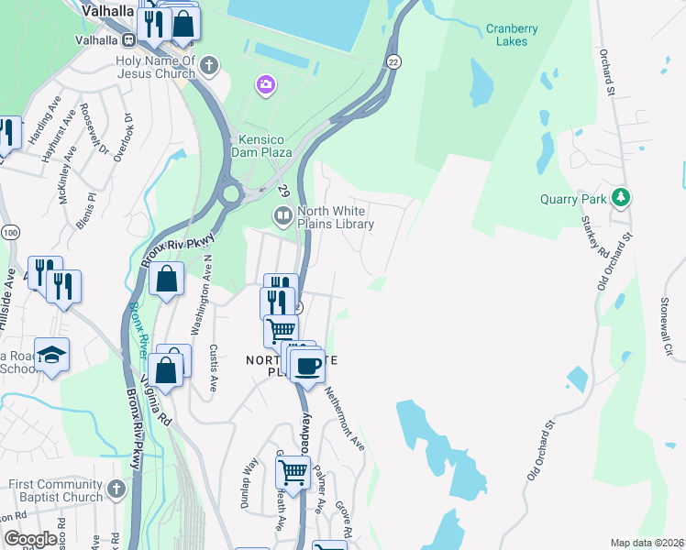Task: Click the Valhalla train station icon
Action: click(129, 39)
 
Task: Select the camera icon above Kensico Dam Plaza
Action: click(265, 85)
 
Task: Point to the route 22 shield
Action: click(393, 60)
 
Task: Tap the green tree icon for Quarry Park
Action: click(622, 197)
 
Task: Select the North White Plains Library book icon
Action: click(282, 214)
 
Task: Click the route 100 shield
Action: click(9, 233)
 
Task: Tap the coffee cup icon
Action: click(307, 365)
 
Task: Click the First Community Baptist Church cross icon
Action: click(116, 489)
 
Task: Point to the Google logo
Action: click(31, 539)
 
